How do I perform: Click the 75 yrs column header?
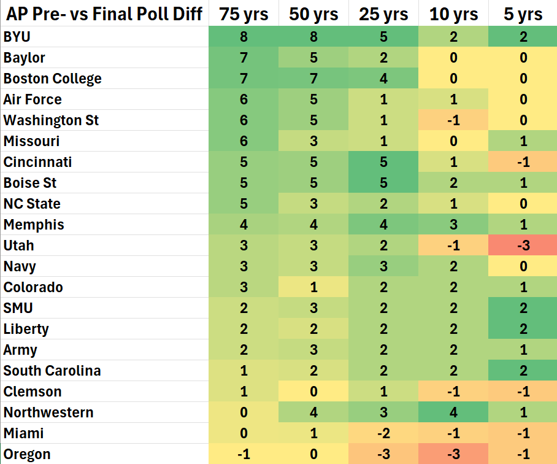[244, 14]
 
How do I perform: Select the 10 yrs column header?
[453, 14]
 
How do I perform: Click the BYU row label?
[17, 37]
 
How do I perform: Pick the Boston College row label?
[52, 79]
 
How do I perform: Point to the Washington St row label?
[51, 120]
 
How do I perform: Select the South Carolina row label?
[52, 371]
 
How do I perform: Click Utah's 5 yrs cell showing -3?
[523, 246]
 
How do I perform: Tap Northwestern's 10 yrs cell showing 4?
[453, 412]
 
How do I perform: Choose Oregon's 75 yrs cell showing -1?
[244, 454]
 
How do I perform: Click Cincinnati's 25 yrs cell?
[383, 162]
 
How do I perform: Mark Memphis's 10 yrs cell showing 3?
[453, 225]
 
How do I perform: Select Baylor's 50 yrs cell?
[313, 58]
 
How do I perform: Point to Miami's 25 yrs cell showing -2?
[383, 433]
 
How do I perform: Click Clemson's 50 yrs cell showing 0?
[313, 392]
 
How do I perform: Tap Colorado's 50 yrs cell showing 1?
[313, 287]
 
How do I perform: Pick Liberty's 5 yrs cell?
[523, 329]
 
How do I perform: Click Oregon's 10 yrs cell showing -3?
[453, 454]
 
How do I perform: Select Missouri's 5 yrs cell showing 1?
[523, 141]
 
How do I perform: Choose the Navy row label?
[20, 266]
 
